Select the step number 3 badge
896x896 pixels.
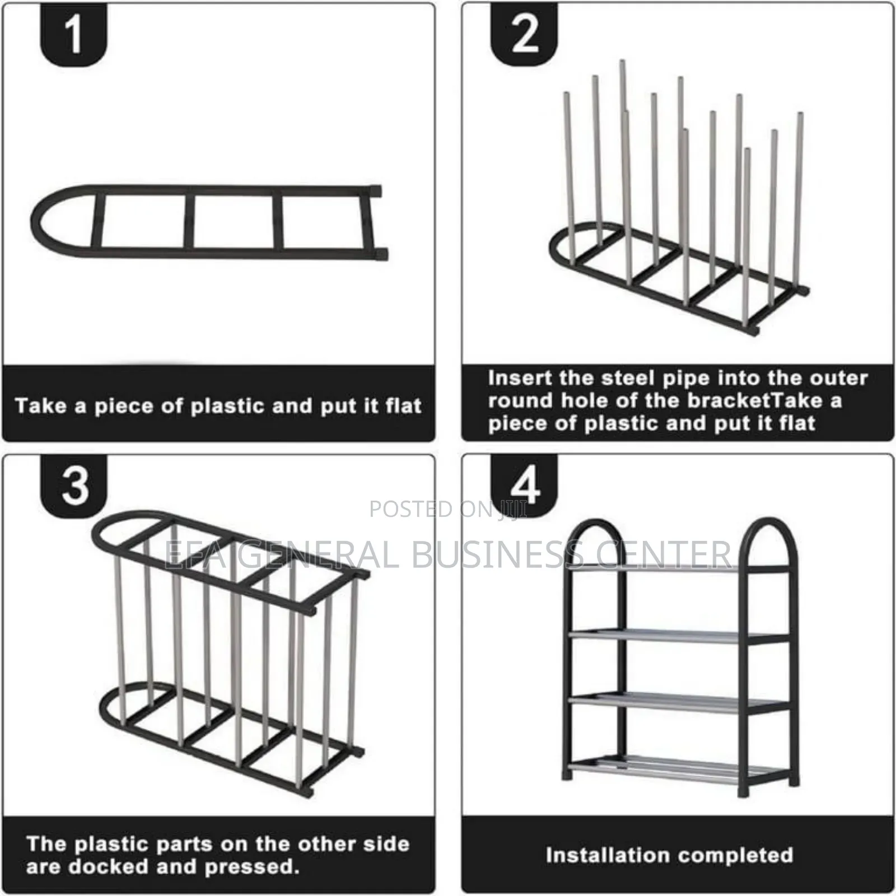click(75, 485)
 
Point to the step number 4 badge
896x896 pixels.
click(525, 485)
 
